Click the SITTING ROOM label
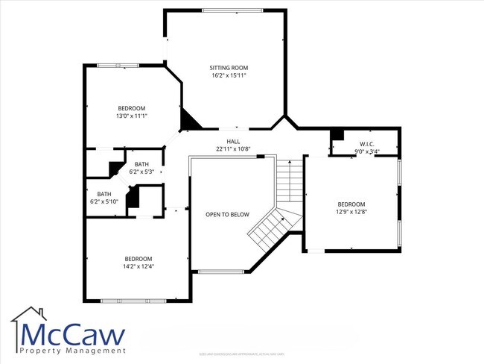(228, 67)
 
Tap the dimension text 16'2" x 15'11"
(228, 75)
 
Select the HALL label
(233, 141)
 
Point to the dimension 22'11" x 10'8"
(233, 148)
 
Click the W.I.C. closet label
(366, 144)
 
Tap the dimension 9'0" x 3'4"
(366, 151)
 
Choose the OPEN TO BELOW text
(227, 215)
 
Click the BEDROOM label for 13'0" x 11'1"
(131, 108)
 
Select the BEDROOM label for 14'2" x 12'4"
(138, 259)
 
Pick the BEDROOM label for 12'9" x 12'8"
(351, 204)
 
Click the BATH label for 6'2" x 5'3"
(141, 164)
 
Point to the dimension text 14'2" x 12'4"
(138, 266)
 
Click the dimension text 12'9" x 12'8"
(351, 212)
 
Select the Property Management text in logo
(73, 351)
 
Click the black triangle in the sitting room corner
(189, 119)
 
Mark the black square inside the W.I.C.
(337, 135)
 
